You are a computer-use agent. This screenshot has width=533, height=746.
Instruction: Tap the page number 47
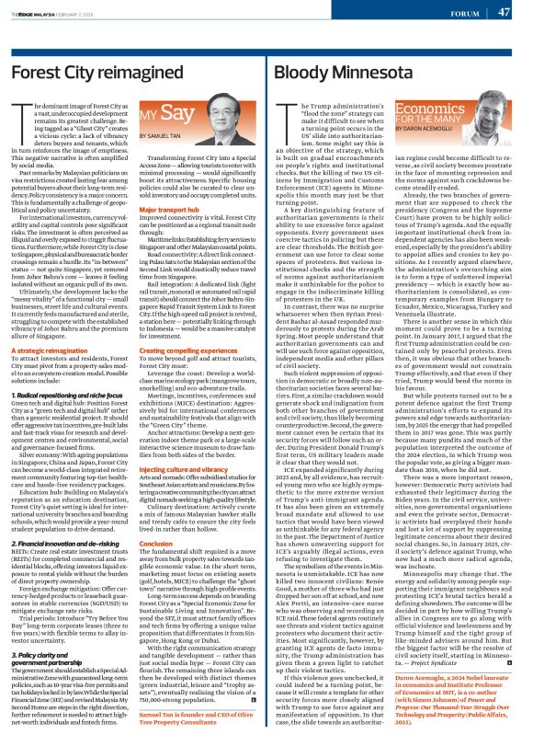505,12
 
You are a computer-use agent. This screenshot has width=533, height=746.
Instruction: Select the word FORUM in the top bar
464,13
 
